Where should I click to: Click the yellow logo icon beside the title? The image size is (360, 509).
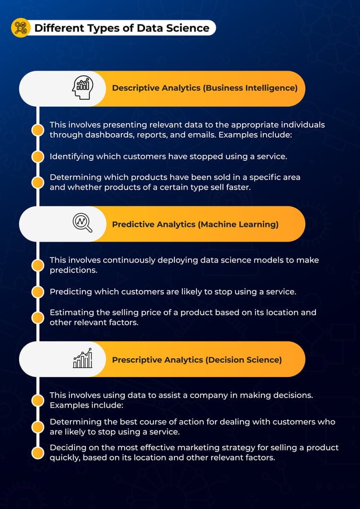click(x=20, y=28)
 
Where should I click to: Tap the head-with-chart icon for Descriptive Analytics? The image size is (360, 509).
click(x=82, y=88)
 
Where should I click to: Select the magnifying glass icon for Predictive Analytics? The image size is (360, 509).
click(x=82, y=223)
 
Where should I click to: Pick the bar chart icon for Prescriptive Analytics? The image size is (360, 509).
click(x=82, y=359)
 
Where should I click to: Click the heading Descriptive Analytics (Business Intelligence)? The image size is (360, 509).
click(x=204, y=88)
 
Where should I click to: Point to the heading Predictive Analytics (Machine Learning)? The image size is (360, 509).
click(x=195, y=224)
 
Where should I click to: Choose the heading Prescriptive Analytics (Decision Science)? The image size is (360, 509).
click(x=197, y=359)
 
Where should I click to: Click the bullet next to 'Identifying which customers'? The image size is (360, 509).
click(x=38, y=156)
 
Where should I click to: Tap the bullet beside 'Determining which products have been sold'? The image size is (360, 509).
click(x=38, y=182)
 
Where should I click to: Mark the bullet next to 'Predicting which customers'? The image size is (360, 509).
click(x=38, y=292)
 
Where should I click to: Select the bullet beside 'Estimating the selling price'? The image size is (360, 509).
click(x=38, y=317)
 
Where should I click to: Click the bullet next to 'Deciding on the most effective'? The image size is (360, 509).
click(x=38, y=452)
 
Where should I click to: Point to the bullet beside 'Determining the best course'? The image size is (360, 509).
click(x=38, y=427)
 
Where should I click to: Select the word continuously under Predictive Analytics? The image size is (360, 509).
click(x=126, y=260)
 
